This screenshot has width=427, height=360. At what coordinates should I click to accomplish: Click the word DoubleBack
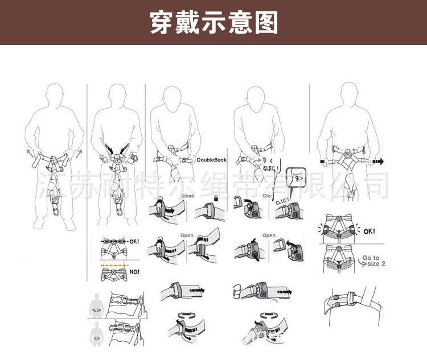point(212,160)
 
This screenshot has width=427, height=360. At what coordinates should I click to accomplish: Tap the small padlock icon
point(216,197)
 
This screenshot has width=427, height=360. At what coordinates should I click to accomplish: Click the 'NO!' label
point(134,272)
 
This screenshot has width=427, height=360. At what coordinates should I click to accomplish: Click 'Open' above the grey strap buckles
point(187,235)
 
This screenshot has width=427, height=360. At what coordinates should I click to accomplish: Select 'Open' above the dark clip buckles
point(269,235)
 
